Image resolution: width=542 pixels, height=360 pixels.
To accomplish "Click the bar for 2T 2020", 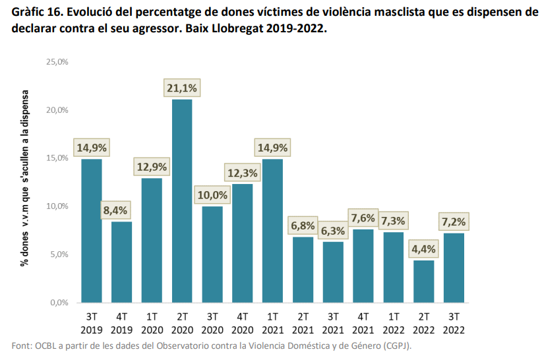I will [182, 200].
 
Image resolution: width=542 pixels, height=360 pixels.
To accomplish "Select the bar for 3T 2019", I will [92, 231].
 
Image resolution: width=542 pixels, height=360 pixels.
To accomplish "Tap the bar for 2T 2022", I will [425, 281].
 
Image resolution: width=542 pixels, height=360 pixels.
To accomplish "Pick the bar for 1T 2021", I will [272, 231].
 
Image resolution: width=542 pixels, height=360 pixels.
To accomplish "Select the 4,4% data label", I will [425, 250].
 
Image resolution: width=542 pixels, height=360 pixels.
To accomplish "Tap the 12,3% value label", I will [242, 173].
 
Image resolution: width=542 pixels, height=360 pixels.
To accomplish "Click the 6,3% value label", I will [334, 231].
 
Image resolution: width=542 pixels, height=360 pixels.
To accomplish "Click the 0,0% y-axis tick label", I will [60, 303].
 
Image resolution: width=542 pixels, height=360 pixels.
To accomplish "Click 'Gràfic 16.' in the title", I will [36, 13].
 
